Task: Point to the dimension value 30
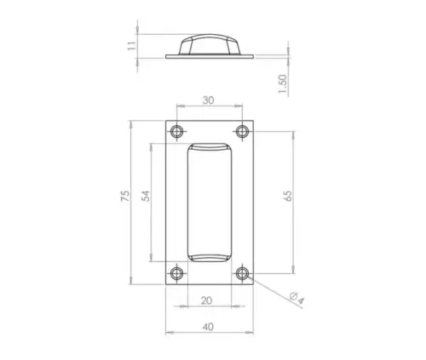[x=209, y=100]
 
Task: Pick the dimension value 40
[x=209, y=323]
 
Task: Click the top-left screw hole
[x=176, y=132]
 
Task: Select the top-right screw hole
[x=242, y=132]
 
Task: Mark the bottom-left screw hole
[x=176, y=273]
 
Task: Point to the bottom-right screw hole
[x=242, y=273]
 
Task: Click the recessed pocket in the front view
[x=209, y=203]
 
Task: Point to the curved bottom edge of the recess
[x=209, y=257]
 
